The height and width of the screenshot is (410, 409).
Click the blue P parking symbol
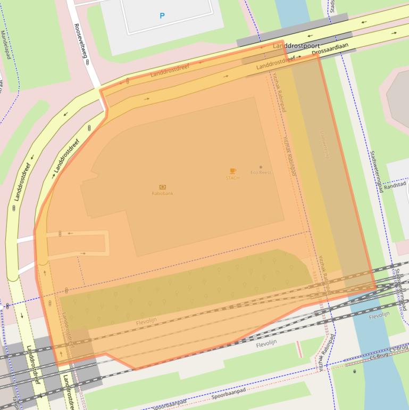pos(162,16)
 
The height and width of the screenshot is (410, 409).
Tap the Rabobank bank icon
pos(162,187)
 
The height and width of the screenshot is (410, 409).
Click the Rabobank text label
pos(162,194)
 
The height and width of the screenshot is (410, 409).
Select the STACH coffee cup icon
pos(232,171)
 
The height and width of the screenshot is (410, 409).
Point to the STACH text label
pos(232,178)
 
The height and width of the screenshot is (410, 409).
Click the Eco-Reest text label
pos(261,173)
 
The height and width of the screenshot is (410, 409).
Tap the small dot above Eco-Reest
pos(261,167)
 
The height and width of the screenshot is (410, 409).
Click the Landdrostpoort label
pos(296,46)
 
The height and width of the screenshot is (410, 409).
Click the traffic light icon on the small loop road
pos(60,233)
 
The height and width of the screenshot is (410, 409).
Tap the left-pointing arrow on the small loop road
pos(70,233)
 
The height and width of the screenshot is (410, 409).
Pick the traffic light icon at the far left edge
pos(7,306)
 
